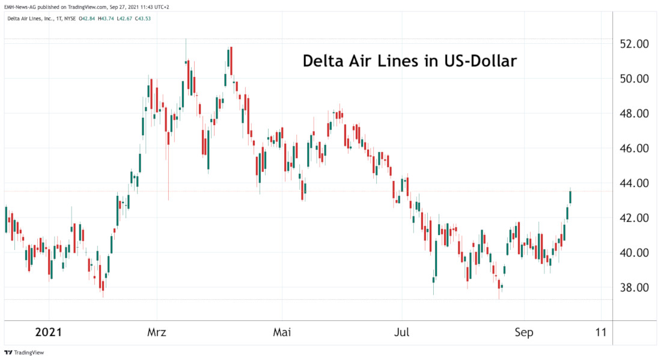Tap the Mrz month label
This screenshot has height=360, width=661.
pos(157,332)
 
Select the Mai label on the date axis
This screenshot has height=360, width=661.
pos(281,332)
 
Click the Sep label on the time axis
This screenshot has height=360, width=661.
pos(524,332)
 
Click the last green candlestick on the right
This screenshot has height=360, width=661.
pos(570,197)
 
